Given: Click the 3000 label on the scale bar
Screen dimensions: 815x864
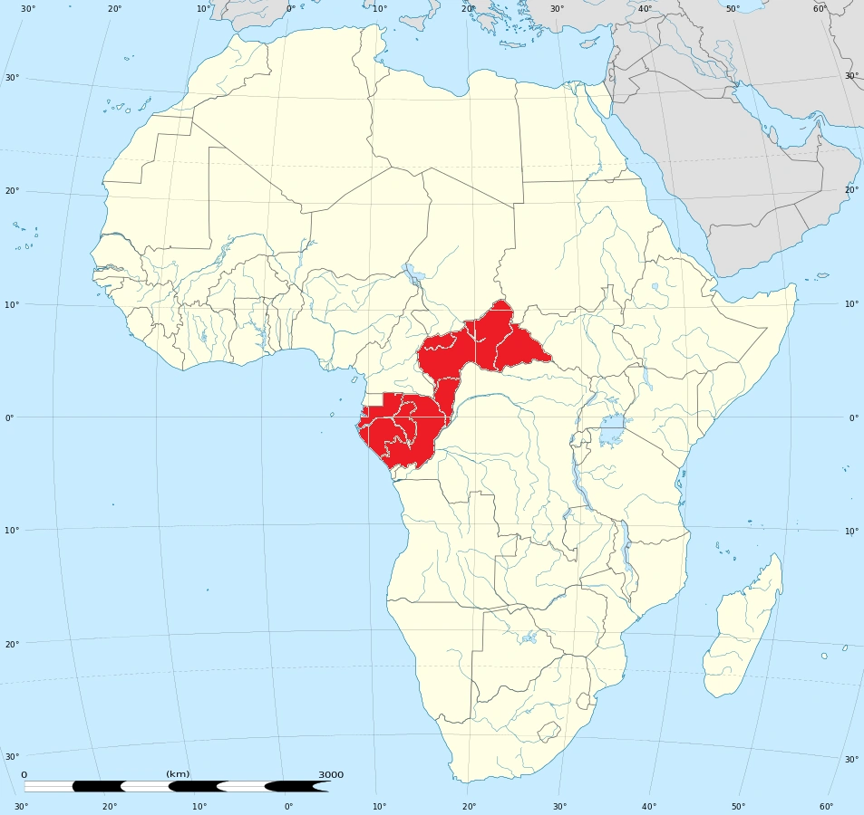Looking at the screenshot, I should click(331, 774).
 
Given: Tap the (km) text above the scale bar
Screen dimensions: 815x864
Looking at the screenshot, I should click(178, 774).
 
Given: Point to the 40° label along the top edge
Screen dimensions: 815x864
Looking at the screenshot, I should click(645, 9).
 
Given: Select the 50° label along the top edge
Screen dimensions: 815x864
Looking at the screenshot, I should click(733, 9).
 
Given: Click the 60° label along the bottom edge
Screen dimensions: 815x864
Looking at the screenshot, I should click(826, 806).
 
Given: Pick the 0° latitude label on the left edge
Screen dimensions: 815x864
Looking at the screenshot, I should click(9, 417).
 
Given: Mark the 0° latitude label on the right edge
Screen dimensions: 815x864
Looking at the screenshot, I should click(853, 417).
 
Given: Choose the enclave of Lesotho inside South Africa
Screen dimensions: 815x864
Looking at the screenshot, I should click(548, 731).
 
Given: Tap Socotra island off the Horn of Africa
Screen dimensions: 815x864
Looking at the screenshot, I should click(822, 275).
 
